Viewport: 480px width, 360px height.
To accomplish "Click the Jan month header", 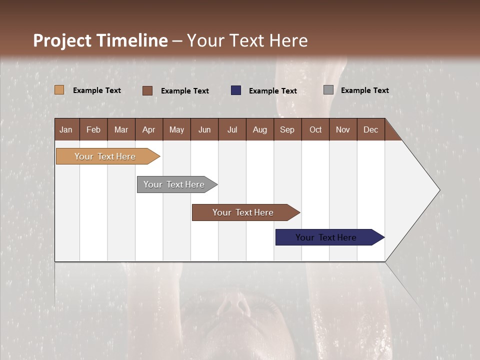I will (x=66, y=129).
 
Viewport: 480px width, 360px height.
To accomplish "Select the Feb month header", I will (x=93, y=129).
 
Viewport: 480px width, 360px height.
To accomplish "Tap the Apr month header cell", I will (x=149, y=129).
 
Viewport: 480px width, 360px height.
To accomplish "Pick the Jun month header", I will (x=204, y=129).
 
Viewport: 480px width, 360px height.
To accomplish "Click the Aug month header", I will (x=260, y=129).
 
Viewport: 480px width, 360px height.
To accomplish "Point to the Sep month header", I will (x=287, y=129).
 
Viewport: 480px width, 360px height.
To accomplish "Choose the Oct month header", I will (x=315, y=129).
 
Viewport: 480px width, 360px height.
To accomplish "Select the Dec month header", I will (x=371, y=129).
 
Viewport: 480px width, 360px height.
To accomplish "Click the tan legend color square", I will (x=59, y=90).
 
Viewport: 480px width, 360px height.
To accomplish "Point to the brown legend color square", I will (x=147, y=90).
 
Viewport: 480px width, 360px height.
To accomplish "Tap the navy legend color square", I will (x=236, y=90).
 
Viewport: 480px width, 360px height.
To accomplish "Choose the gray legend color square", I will (x=328, y=90).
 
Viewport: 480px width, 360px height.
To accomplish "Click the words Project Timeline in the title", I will (x=100, y=40).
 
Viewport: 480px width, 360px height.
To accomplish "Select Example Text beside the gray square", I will (x=364, y=90).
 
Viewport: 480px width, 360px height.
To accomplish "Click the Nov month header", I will (x=343, y=129).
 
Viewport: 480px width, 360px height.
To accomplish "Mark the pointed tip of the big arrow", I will (x=439, y=190).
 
